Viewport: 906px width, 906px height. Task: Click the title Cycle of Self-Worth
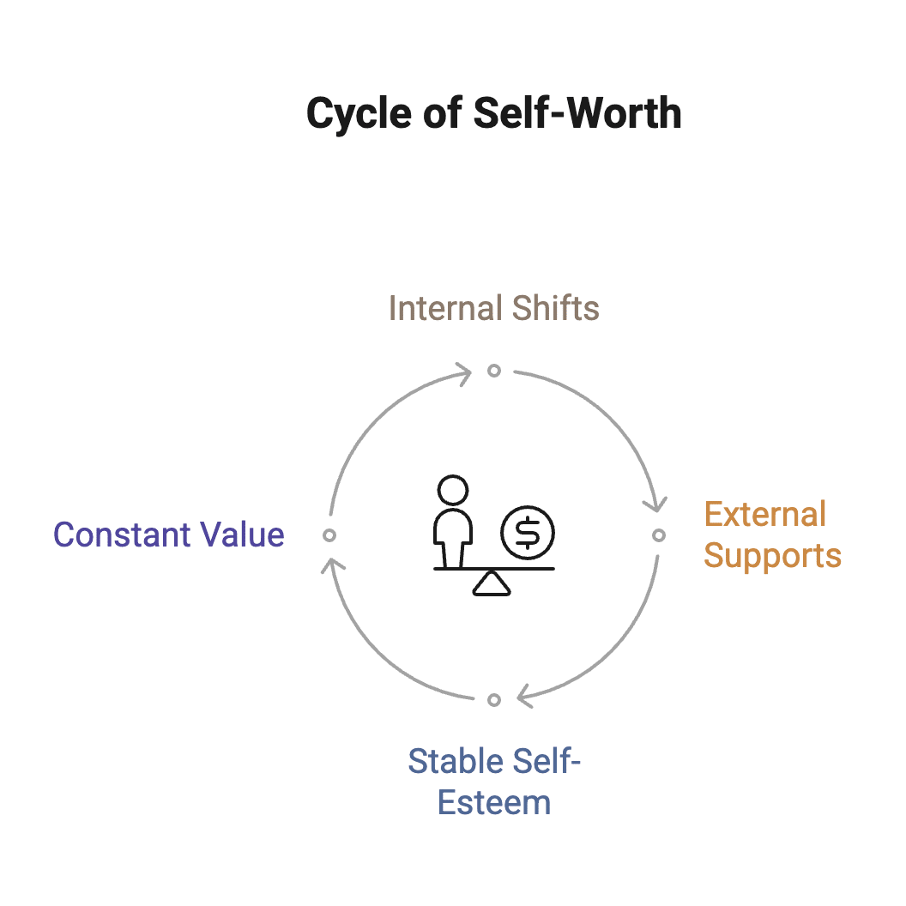coord(493,113)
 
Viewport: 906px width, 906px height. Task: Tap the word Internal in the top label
coord(438,308)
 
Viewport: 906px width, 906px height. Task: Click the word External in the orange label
coord(764,515)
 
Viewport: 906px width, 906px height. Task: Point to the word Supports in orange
coord(772,555)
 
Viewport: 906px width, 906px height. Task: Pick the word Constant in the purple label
coord(121,535)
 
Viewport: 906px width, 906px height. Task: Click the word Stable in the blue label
coord(455,762)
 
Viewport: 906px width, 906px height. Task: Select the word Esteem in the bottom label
coord(494,803)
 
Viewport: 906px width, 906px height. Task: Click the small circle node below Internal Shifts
coord(494,371)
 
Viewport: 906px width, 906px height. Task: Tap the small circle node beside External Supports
coord(658,535)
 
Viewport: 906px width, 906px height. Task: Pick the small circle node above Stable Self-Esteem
coord(494,700)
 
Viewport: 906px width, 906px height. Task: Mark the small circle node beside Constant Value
coord(329,535)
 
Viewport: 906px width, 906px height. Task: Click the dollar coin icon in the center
coord(528,533)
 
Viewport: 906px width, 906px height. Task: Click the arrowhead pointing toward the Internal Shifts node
coord(463,373)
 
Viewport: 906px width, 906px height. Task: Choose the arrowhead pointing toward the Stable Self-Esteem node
coord(525,698)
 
